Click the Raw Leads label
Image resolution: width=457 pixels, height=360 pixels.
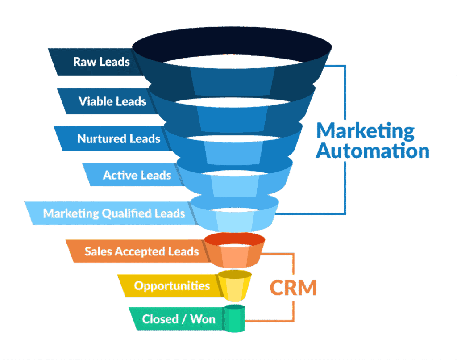[x=101, y=61]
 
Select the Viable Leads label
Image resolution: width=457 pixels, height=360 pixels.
[x=112, y=101]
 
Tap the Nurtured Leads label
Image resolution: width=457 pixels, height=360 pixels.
[x=118, y=139]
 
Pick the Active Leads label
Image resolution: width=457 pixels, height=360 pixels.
[x=137, y=175]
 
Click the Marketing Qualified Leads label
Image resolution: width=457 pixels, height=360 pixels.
[x=114, y=213]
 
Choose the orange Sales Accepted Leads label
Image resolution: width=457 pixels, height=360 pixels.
[x=141, y=251]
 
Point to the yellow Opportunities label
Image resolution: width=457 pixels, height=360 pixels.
[x=172, y=285]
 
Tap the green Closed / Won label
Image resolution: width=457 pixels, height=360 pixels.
[x=179, y=319]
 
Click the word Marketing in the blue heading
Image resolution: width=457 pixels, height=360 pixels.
[x=365, y=131]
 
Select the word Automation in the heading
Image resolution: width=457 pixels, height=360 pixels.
[x=372, y=151]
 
